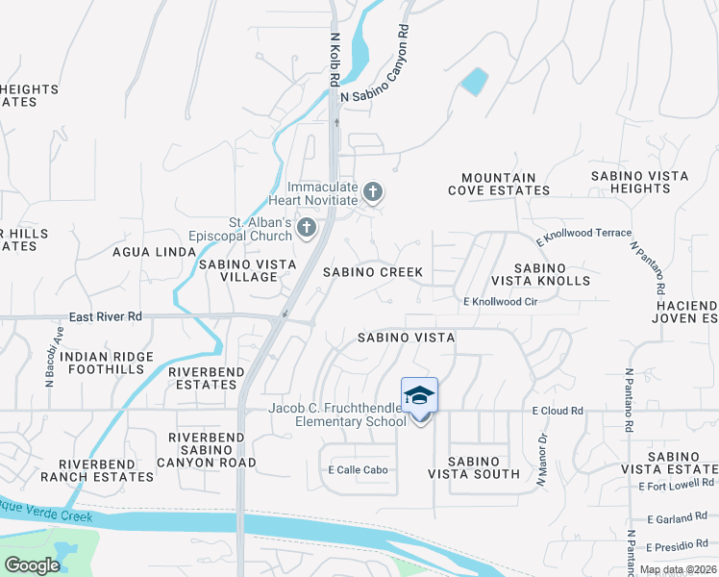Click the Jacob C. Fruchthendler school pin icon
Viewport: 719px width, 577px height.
tap(419, 397)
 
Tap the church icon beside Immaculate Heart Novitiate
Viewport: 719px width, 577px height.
tap(372, 192)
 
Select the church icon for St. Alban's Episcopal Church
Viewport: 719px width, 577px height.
tap(306, 227)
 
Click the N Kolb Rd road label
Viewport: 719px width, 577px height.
tap(335, 58)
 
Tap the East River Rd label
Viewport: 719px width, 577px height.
tap(105, 316)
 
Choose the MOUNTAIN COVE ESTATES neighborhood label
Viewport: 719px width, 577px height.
tap(498, 184)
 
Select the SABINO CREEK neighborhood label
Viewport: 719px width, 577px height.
tap(372, 272)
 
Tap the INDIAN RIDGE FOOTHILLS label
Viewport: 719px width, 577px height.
tap(107, 363)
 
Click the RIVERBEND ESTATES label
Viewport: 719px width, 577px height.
tap(202, 378)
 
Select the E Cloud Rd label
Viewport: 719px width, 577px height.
tap(558, 411)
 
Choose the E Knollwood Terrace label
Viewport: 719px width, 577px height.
tap(584, 234)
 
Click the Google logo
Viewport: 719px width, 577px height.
tap(32, 565)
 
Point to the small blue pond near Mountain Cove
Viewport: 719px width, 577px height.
tap(474, 82)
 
